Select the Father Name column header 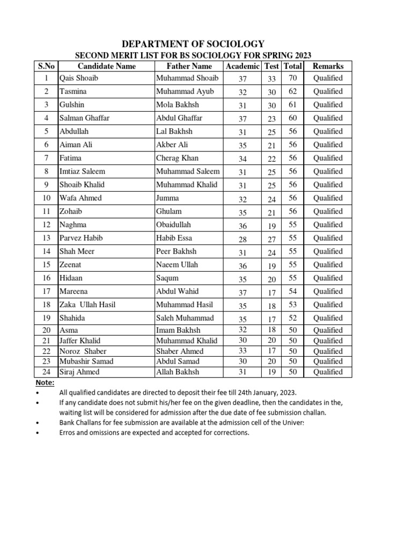[189, 66]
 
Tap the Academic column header [242, 66]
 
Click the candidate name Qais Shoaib [79, 78]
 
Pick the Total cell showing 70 [292, 78]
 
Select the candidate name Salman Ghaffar [85, 118]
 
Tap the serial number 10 [46, 198]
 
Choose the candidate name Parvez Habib [82, 238]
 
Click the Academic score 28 [242, 238]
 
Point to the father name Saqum [167, 278]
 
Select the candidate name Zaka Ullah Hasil [87, 305]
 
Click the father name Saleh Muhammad [185, 318]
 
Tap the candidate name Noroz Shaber [83, 351]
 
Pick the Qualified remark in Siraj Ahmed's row [327, 372]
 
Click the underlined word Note [45, 383]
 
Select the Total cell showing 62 [292, 92]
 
